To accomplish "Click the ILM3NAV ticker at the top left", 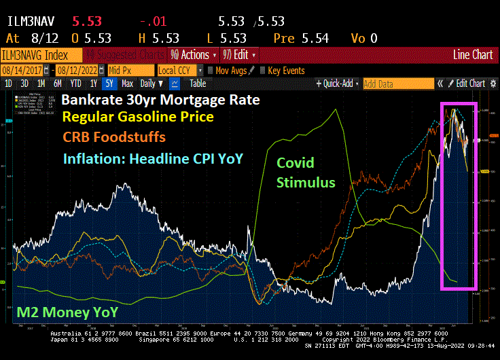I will [x=33, y=22].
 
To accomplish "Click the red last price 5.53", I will [x=87, y=22].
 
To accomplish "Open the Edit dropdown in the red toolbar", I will [x=243, y=54].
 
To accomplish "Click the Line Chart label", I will [x=473, y=54].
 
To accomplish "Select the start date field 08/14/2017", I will [x=27, y=70].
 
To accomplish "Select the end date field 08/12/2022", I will [x=82, y=70].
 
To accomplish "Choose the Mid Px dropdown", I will [x=130, y=70].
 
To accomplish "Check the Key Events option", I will [x=284, y=70].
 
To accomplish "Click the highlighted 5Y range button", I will [x=109, y=84].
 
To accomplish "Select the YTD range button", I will [x=75, y=84].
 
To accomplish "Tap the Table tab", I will [x=198, y=84].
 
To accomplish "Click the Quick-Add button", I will [x=338, y=84].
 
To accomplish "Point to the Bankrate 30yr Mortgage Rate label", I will [x=160, y=100].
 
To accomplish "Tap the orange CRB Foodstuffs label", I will [x=114, y=137].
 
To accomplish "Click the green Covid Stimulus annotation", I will [x=306, y=173].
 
